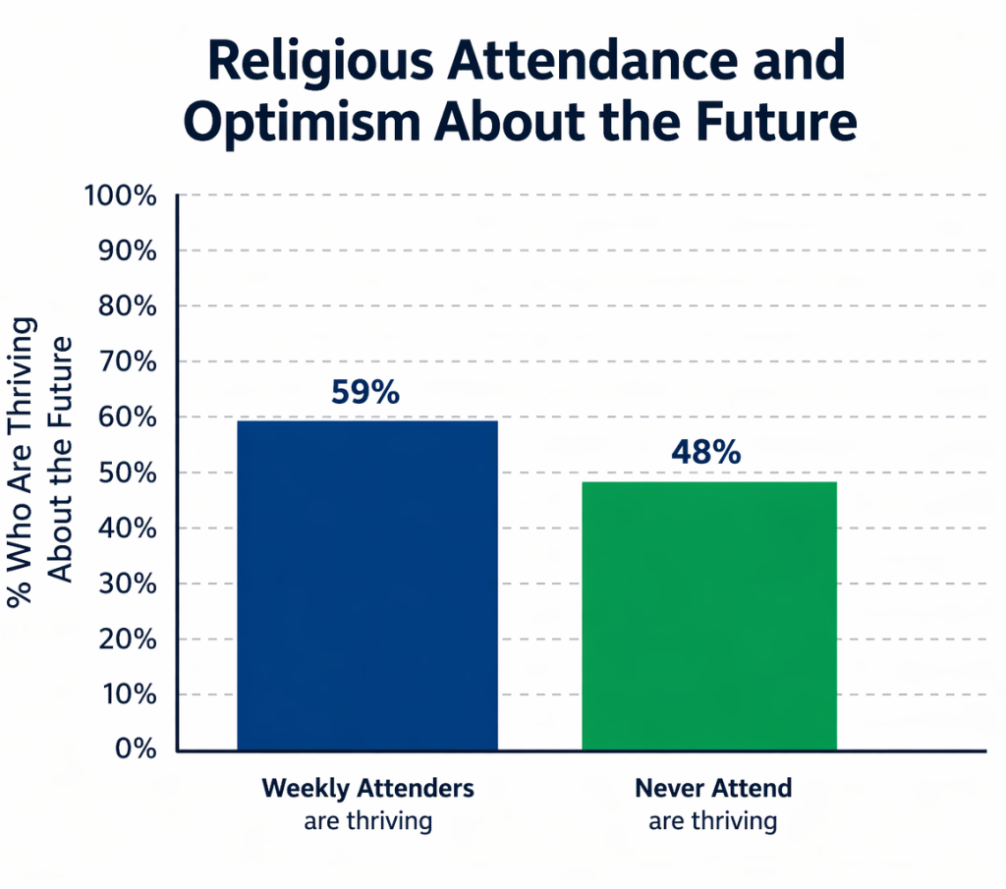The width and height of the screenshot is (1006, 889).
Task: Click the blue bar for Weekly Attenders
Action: click(x=367, y=585)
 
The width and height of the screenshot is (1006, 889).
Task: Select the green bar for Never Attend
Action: click(x=709, y=616)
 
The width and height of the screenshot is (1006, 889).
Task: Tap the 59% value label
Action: click(x=364, y=393)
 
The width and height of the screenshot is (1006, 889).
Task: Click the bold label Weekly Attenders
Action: click(x=367, y=788)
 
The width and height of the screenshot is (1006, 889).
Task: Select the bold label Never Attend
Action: click(x=712, y=788)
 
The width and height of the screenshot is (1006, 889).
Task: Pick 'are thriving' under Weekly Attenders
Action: click(x=367, y=820)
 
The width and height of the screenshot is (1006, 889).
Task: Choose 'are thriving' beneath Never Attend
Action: click(x=712, y=820)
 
